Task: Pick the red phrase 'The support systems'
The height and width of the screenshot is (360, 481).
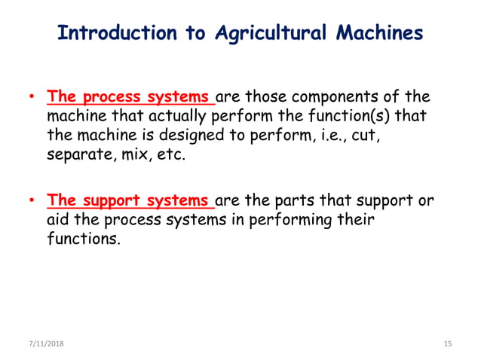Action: click(130, 202)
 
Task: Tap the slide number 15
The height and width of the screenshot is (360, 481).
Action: click(447, 343)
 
